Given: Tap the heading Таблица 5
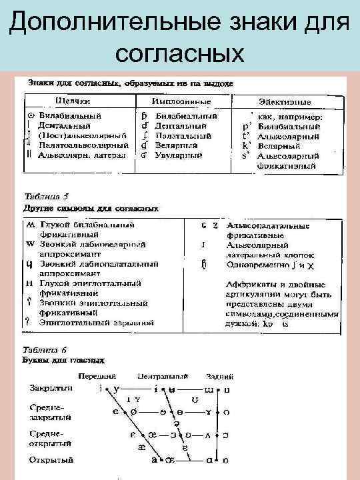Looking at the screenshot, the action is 47,197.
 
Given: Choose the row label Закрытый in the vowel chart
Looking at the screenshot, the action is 46,387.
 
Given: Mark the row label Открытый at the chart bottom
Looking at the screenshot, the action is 46,460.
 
